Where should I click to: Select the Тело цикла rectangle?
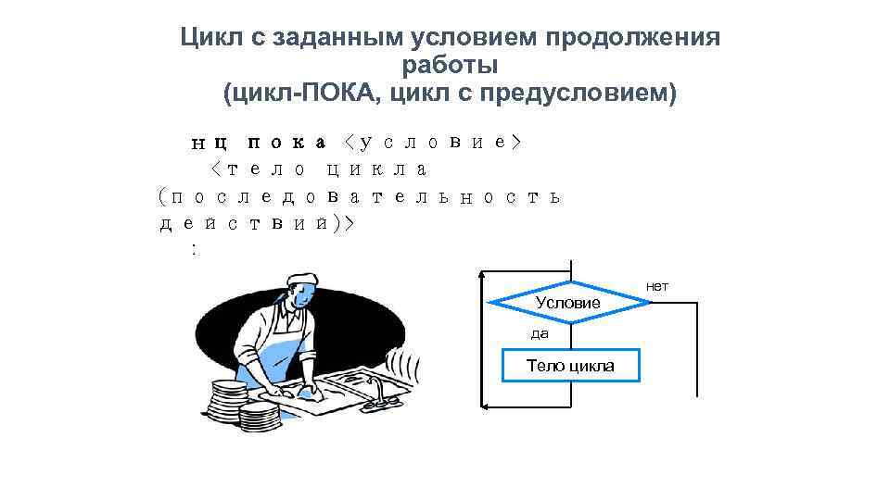[x=570, y=366]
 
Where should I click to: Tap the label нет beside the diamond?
[x=657, y=287]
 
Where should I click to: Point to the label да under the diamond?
[x=540, y=332]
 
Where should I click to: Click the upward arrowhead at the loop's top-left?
[x=482, y=275]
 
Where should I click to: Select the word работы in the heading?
[x=450, y=66]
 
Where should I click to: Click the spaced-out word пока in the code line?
[x=286, y=143]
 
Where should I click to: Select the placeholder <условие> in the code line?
[x=432, y=143]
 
